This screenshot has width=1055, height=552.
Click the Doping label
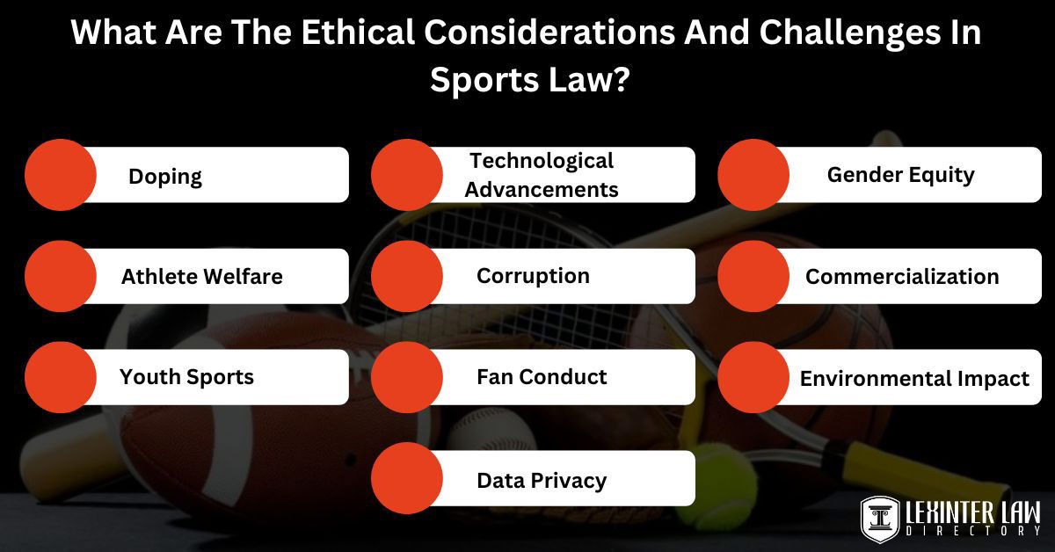tap(165, 176)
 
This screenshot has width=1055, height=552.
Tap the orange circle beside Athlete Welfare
tap(60, 276)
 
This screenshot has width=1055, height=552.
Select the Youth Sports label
tap(186, 377)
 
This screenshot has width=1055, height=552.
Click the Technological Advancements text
tap(542, 175)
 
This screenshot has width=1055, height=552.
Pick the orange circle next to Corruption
tap(406, 276)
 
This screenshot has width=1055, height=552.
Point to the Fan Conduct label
tap(542, 377)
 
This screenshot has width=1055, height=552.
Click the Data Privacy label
tap(542, 480)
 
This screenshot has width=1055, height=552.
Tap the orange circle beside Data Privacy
tap(406, 478)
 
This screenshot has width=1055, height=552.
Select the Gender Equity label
tap(900, 174)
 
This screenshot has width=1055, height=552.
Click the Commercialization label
tap(902, 276)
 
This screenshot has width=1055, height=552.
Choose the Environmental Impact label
tap(914, 379)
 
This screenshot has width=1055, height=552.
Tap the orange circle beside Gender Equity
tap(753, 174)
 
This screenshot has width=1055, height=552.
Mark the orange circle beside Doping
tap(60, 174)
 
